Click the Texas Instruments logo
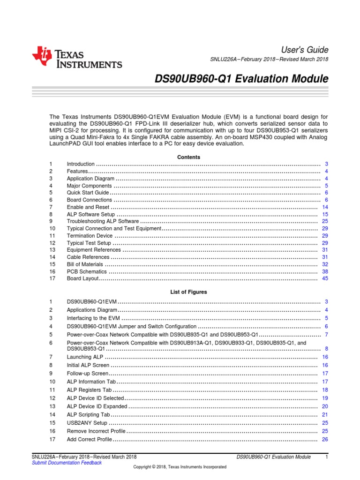[77, 58]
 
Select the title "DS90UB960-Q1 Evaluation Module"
[241, 79]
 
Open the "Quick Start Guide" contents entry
[88, 193]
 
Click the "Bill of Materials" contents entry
[85, 264]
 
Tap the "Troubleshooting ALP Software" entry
[103, 221]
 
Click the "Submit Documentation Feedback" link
[66, 463]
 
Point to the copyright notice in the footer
[180, 467]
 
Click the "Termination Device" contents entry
[90, 235]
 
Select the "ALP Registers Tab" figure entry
[89, 390]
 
